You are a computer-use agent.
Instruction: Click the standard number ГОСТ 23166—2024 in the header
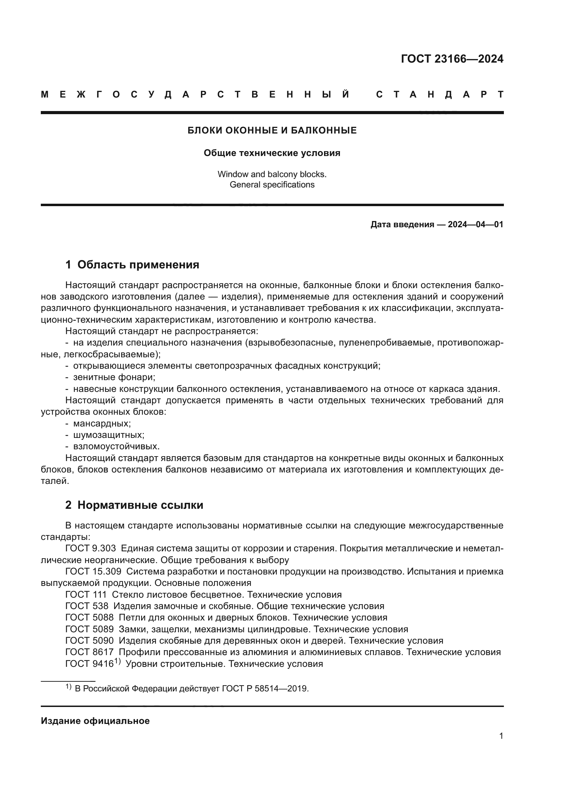[452, 59]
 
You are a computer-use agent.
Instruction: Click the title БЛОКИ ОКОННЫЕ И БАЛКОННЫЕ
[272, 131]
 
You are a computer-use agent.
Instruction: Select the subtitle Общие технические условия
[272, 153]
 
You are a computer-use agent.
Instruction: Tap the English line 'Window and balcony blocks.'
[272, 174]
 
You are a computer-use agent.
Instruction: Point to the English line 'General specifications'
[272, 185]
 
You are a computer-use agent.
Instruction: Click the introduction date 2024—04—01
[475, 224]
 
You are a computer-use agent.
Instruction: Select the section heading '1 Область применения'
[132, 265]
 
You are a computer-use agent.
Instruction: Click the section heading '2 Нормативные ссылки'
[134, 505]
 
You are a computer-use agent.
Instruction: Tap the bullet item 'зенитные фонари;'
[114, 377]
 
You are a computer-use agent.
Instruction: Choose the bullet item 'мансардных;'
[102, 424]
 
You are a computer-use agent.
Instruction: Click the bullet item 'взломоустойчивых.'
[116, 447]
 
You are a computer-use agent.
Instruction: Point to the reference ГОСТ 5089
[90, 629]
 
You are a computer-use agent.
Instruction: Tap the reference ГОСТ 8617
[90, 652]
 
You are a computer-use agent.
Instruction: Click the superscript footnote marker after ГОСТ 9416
[117, 662]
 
